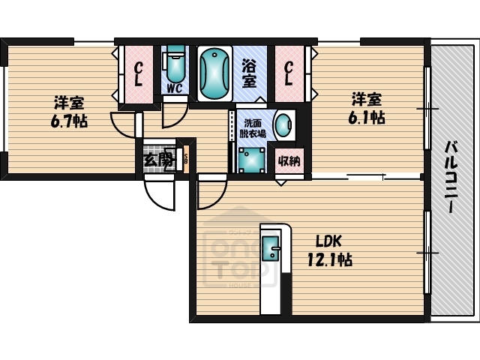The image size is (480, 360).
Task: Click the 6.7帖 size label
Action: (70, 121)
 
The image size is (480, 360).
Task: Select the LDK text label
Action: (328, 241)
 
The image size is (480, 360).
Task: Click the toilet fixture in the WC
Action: (175, 65)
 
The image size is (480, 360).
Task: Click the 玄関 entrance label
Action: (158, 159)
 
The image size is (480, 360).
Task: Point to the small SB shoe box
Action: (185, 159)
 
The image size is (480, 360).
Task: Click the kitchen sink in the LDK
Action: (270, 247)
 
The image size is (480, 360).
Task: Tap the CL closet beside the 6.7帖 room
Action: (139, 75)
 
